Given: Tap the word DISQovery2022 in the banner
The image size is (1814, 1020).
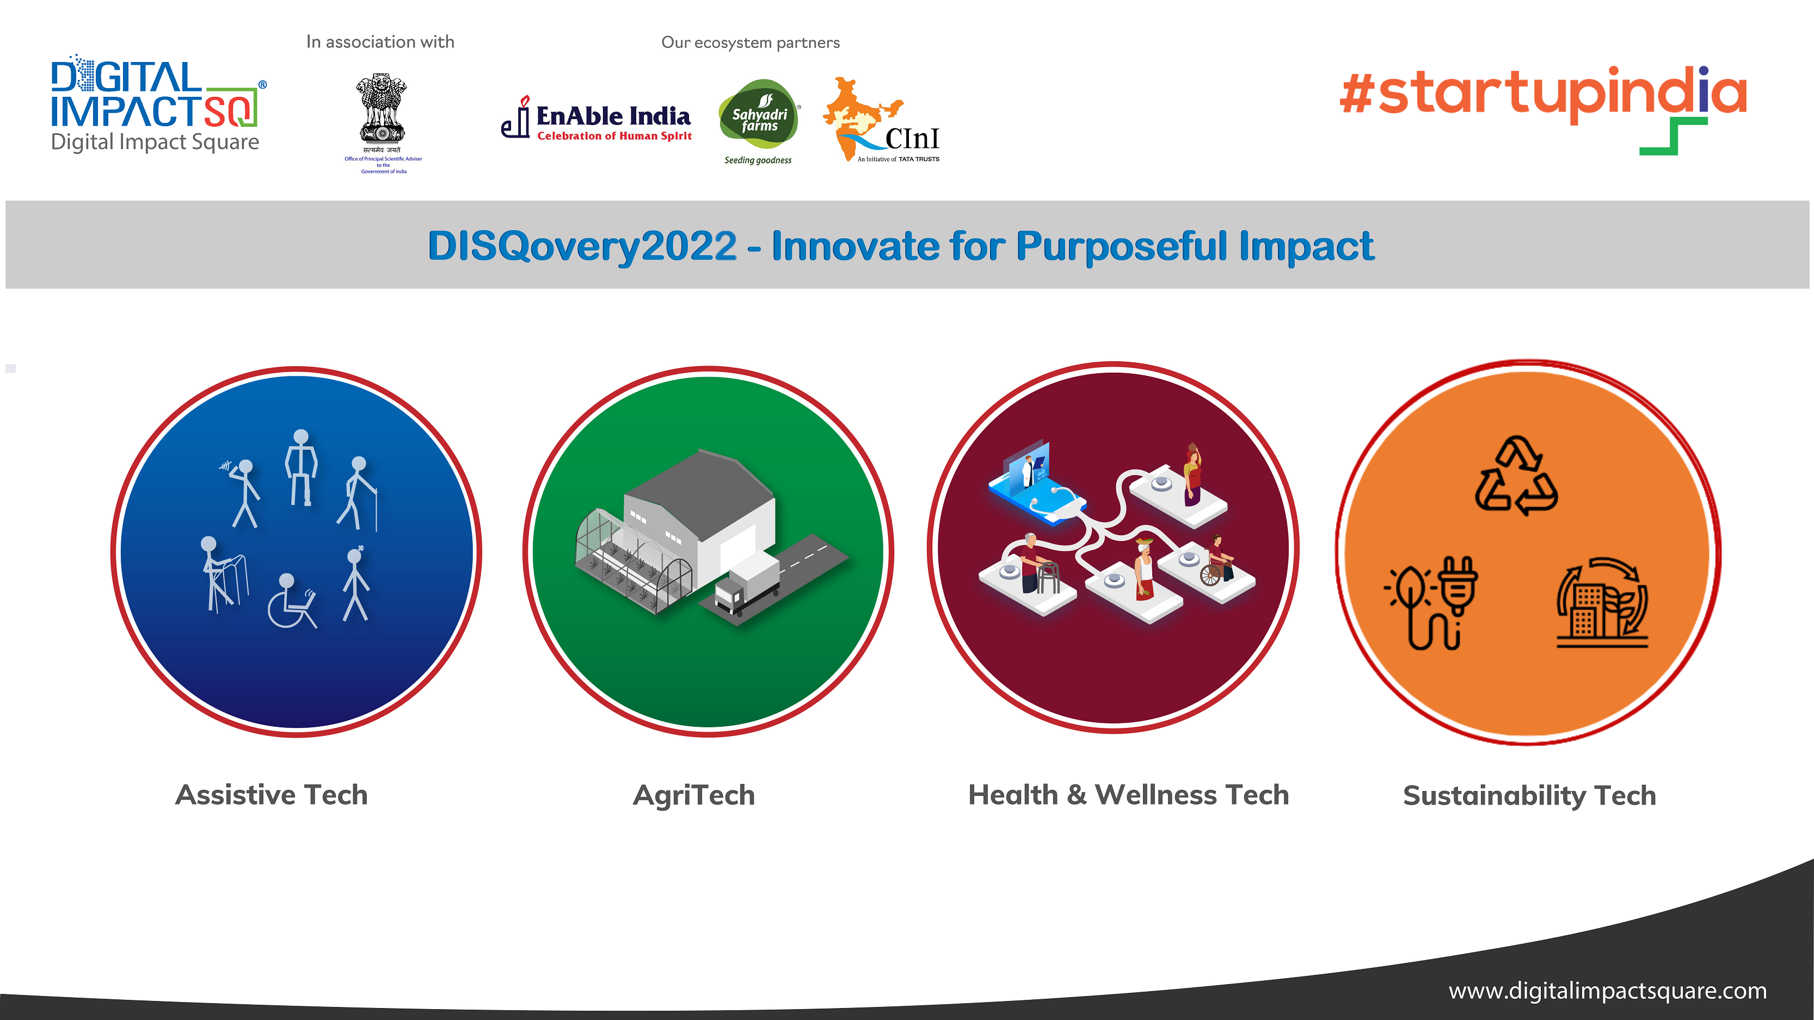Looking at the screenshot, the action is click(582, 246).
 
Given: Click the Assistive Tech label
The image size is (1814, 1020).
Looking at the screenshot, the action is click(271, 795).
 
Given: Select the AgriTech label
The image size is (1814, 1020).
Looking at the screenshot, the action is click(693, 795).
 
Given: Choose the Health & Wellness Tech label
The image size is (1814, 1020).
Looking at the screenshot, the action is click(1128, 795).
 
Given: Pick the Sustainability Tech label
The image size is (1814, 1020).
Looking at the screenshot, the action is click(1529, 795).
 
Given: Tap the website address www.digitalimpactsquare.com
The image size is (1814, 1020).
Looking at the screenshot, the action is click(1608, 991).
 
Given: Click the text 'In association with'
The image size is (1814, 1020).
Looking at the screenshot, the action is click(380, 42).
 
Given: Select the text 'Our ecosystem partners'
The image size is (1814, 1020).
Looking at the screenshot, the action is click(751, 43).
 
